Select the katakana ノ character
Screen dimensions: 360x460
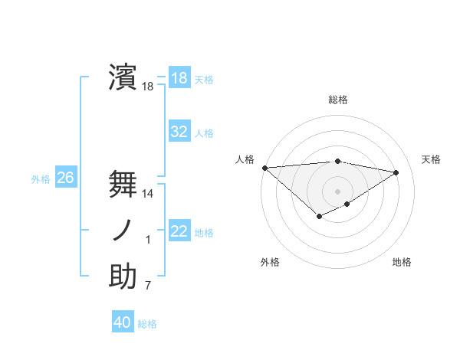coord(123,230)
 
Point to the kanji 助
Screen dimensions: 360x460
coord(123,277)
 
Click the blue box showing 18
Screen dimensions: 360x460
coord(179,77)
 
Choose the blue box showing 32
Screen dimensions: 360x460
coord(179,132)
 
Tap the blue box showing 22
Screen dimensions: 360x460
coord(179,231)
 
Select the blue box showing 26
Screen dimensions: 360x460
coord(65,178)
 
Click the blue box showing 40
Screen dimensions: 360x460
coord(123,322)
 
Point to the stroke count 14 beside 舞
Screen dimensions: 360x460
coord(148,194)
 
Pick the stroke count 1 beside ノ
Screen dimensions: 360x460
coord(148,241)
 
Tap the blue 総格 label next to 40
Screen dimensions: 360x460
coord(147,324)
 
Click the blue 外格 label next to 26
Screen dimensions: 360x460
coord(41,179)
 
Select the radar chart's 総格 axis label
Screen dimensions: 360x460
coord(337,100)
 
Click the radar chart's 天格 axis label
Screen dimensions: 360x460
coord(431,159)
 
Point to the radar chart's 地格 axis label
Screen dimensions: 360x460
coord(402,263)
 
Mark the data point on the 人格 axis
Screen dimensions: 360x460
coord(264,167)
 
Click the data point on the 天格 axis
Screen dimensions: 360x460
coord(396,172)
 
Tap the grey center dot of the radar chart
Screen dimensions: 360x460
coord(337,191)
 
